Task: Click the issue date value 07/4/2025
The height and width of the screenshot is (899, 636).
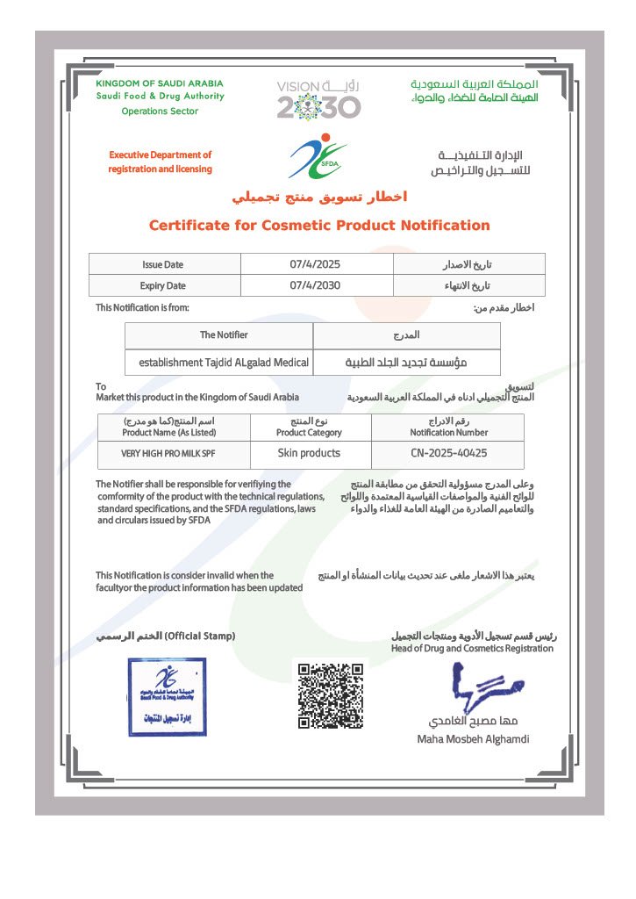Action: [x=315, y=264]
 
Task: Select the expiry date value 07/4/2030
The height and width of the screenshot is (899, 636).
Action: [x=315, y=285]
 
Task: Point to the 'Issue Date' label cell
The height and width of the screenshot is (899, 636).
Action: [x=163, y=264]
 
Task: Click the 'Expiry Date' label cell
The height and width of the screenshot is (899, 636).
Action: [x=163, y=285]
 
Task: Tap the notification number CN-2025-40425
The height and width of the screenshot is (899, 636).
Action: [x=449, y=453]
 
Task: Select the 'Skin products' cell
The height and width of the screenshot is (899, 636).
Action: [x=309, y=453]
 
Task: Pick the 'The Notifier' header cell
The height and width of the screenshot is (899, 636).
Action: [x=224, y=334]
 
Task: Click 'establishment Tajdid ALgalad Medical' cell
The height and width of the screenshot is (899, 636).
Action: [x=224, y=361]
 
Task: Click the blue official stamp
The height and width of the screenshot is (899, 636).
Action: [x=167, y=696]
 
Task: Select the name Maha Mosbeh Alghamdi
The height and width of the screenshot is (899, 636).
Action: [x=473, y=739]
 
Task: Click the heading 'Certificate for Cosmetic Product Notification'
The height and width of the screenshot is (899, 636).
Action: [x=319, y=226]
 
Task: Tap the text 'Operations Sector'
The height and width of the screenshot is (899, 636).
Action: [x=160, y=111]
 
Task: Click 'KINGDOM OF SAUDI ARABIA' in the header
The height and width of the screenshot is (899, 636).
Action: [x=160, y=83]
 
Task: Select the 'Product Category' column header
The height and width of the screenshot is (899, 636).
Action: [x=309, y=432]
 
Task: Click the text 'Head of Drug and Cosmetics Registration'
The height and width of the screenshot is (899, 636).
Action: [x=472, y=648]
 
